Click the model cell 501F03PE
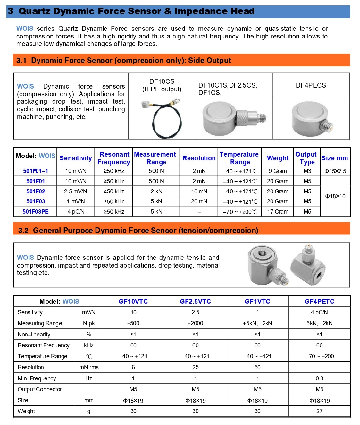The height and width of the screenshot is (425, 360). [x=36, y=212]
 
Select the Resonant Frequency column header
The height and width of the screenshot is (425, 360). [x=114, y=158]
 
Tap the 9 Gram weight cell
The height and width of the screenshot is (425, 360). [x=278, y=171]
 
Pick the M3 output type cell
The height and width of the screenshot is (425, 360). [x=307, y=171]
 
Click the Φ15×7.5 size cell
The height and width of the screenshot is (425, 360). [x=335, y=171]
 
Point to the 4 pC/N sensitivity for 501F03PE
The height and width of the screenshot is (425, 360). [x=76, y=212]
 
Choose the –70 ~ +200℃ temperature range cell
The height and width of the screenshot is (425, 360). [x=240, y=212]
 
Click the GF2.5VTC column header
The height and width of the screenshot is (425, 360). [x=195, y=302]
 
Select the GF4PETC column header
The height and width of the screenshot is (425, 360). [x=319, y=302]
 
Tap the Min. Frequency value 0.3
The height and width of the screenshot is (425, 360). [x=319, y=378]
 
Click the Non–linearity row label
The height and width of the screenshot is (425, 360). [x=34, y=335]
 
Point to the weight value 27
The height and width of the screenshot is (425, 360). [x=319, y=411]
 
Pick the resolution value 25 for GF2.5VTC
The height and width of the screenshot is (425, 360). [x=195, y=367]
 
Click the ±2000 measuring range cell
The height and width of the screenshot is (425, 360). [x=195, y=323]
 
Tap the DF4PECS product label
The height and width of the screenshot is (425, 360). [x=311, y=85]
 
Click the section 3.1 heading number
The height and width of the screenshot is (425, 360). [x=21, y=60]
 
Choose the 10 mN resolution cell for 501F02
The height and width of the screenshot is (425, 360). [x=199, y=191]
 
